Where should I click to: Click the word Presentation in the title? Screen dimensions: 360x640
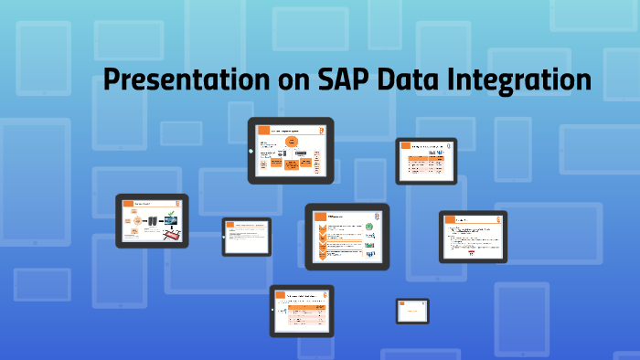(187, 80)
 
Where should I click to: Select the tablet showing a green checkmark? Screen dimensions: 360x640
(152, 221)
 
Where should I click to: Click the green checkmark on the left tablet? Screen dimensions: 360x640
(170, 212)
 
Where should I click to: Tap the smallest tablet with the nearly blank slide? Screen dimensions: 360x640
(412, 311)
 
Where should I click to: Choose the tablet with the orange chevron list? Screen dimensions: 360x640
(347, 237)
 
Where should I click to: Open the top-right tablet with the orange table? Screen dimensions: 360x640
(427, 160)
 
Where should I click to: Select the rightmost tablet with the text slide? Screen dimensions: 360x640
(473, 237)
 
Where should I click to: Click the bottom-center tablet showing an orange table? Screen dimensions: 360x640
(303, 312)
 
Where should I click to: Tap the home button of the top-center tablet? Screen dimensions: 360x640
(251, 151)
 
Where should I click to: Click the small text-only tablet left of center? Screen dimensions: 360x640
(247, 237)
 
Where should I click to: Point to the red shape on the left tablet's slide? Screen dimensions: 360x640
(170, 235)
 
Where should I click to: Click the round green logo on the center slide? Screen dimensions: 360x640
(370, 226)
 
